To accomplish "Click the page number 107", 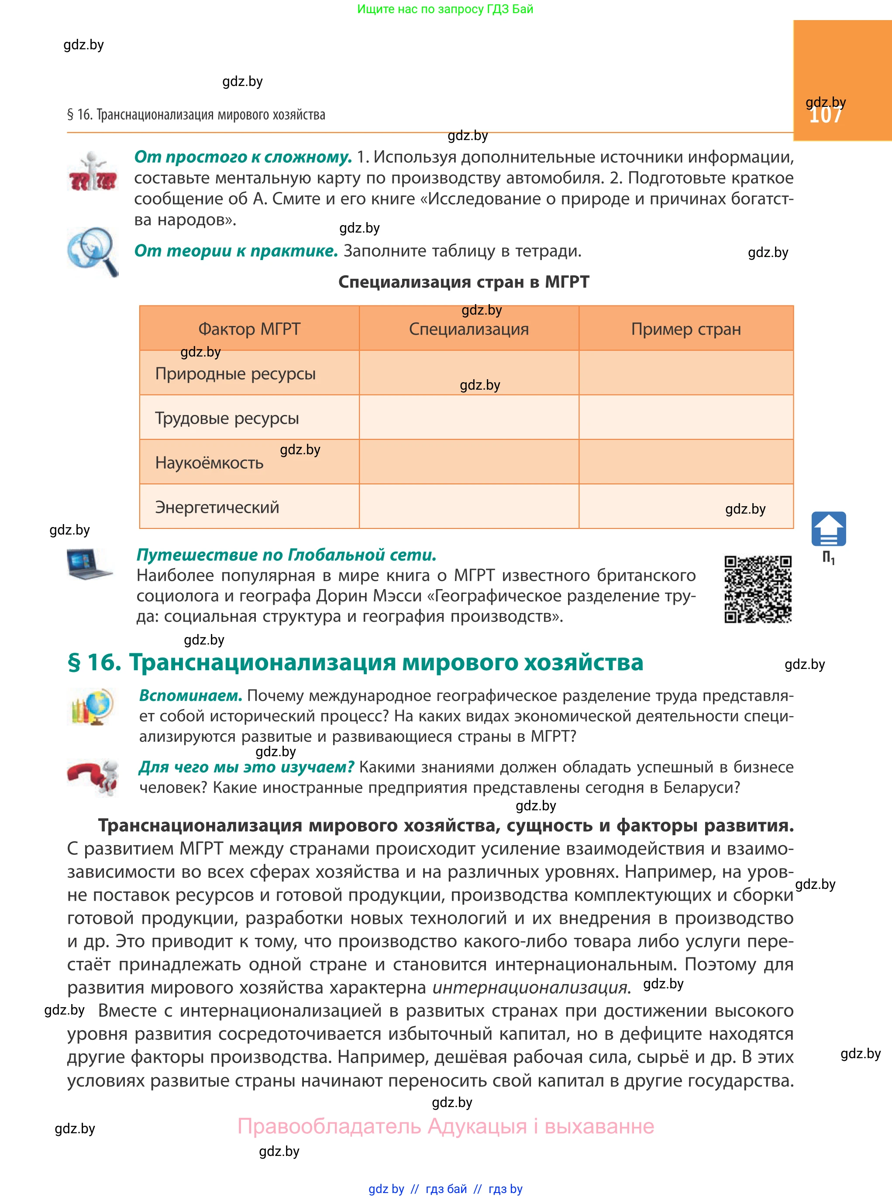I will tap(825, 115).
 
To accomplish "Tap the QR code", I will tap(758, 589).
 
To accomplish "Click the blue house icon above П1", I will tap(828, 528).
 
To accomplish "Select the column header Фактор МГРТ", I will tap(249, 329).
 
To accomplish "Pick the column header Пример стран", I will tap(686, 329).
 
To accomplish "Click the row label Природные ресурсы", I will tap(235, 374).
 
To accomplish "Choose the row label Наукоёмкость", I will tap(209, 463).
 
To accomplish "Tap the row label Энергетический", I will tap(217, 507).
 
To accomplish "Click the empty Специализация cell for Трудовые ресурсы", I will tap(468, 417).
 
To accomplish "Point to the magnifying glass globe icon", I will tap(92, 251).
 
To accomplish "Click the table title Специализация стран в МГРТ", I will tap(463, 281).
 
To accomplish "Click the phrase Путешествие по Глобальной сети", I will tap(286, 555).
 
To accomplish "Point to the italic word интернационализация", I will tap(531, 987).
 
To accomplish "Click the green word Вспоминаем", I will tap(190, 696).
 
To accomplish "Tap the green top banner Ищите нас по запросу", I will tap(445, 9).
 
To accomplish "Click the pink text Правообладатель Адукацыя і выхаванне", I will tap(445, 1126).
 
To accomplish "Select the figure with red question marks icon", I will tap(92, 171).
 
